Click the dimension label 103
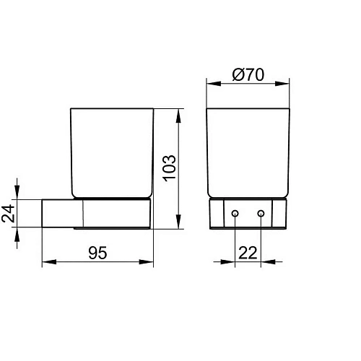(x=170, y=168)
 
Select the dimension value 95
(x=97, y=253)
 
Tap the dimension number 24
(x=7, y=213)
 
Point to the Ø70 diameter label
(x=248, y=74)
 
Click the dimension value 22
(x=248, y=253)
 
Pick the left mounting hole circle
(x=235, y=213)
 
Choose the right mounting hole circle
(x=261, y=213)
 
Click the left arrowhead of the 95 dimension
(x=49, y=262)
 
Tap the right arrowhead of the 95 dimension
(x=146, y=262)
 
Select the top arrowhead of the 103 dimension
(x=178, y=116)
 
